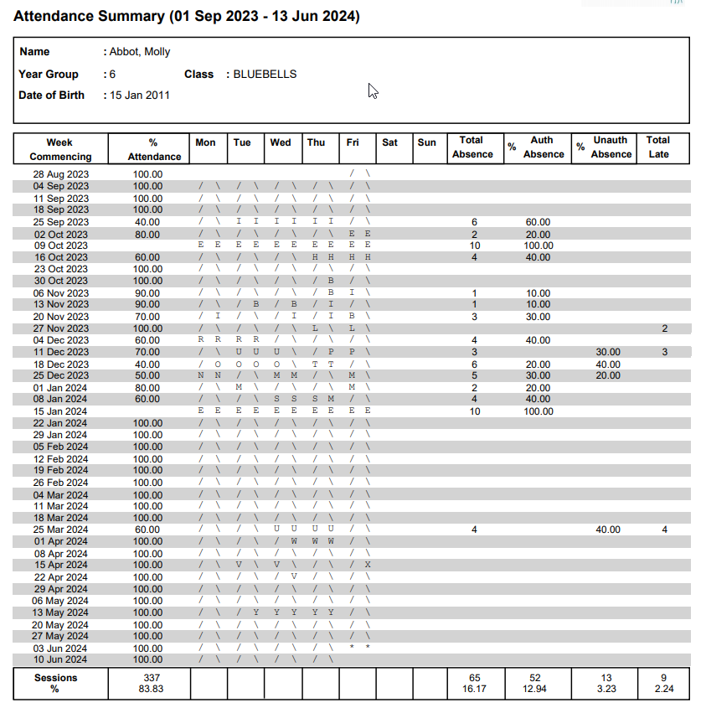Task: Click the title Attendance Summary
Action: (x=187, y=16)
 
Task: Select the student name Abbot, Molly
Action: (x=140, y=52)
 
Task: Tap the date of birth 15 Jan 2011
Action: (x=140, y=96)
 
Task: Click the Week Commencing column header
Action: (x=60, y=149)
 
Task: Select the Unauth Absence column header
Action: (x=611, y=147)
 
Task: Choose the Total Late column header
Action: (x=658, y=147)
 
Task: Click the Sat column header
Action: (x=389, y=142)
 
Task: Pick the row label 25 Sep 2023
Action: (x=61, y=222)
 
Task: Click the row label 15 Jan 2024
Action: (x=60, y=411)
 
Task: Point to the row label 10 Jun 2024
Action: (x=60, y=660)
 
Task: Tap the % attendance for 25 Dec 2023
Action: (x=147, y=376)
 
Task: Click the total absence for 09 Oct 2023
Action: (x=475, y=245)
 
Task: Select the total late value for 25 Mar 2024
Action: (x=664, y=530)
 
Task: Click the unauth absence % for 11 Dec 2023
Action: (x=608, y=352)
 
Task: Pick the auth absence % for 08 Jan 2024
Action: (x=538, y=400)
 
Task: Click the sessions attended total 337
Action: (x=152, y=678)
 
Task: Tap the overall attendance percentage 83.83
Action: (x=152, y=690)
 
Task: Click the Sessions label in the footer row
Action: (x=55, y=678)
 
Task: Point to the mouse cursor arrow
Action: (x=373, y=90)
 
